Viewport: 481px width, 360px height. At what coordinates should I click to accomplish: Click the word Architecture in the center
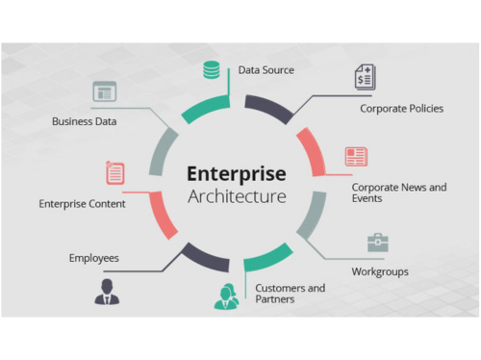pyautogui.click(x=236, y=197)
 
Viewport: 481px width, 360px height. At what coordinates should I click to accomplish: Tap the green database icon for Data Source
pyautogui.click(x=212, y=70)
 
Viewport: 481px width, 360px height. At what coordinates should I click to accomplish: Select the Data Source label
pyautogui.click(x=266, y=70)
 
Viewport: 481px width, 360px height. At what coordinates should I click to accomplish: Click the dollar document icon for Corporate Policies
pyautogui.click(x=365, y=76)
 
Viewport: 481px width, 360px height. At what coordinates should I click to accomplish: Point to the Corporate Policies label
pyautogui.click(x=401, y=109)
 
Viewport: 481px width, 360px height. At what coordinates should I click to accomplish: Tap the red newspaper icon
pyautogui.click(x=356, y=156)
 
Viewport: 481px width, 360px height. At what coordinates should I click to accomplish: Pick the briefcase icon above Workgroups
pyautogui.click(x=378, y=243)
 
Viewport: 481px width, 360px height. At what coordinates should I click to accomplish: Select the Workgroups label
pyautogui.click(x=379, y=271)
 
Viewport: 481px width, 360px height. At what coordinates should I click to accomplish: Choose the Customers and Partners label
pyautogui.click(x=290, y=294)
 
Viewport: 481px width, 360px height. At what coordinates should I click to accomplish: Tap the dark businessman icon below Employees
pyautogui.click(x=107, y=293)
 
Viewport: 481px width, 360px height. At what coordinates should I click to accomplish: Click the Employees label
pyautogui.click(x=93, y=258)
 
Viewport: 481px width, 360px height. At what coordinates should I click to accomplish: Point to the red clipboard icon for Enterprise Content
pyautogui.click(x=114, y=173)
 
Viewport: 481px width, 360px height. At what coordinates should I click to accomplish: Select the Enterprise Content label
pyautogui.click(x=82, y=204)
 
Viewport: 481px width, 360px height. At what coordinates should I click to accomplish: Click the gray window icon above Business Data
pyautogui.click(x=104, y=92)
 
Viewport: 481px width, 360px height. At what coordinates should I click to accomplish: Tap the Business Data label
pyautogui.click(x=87, y=122)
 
